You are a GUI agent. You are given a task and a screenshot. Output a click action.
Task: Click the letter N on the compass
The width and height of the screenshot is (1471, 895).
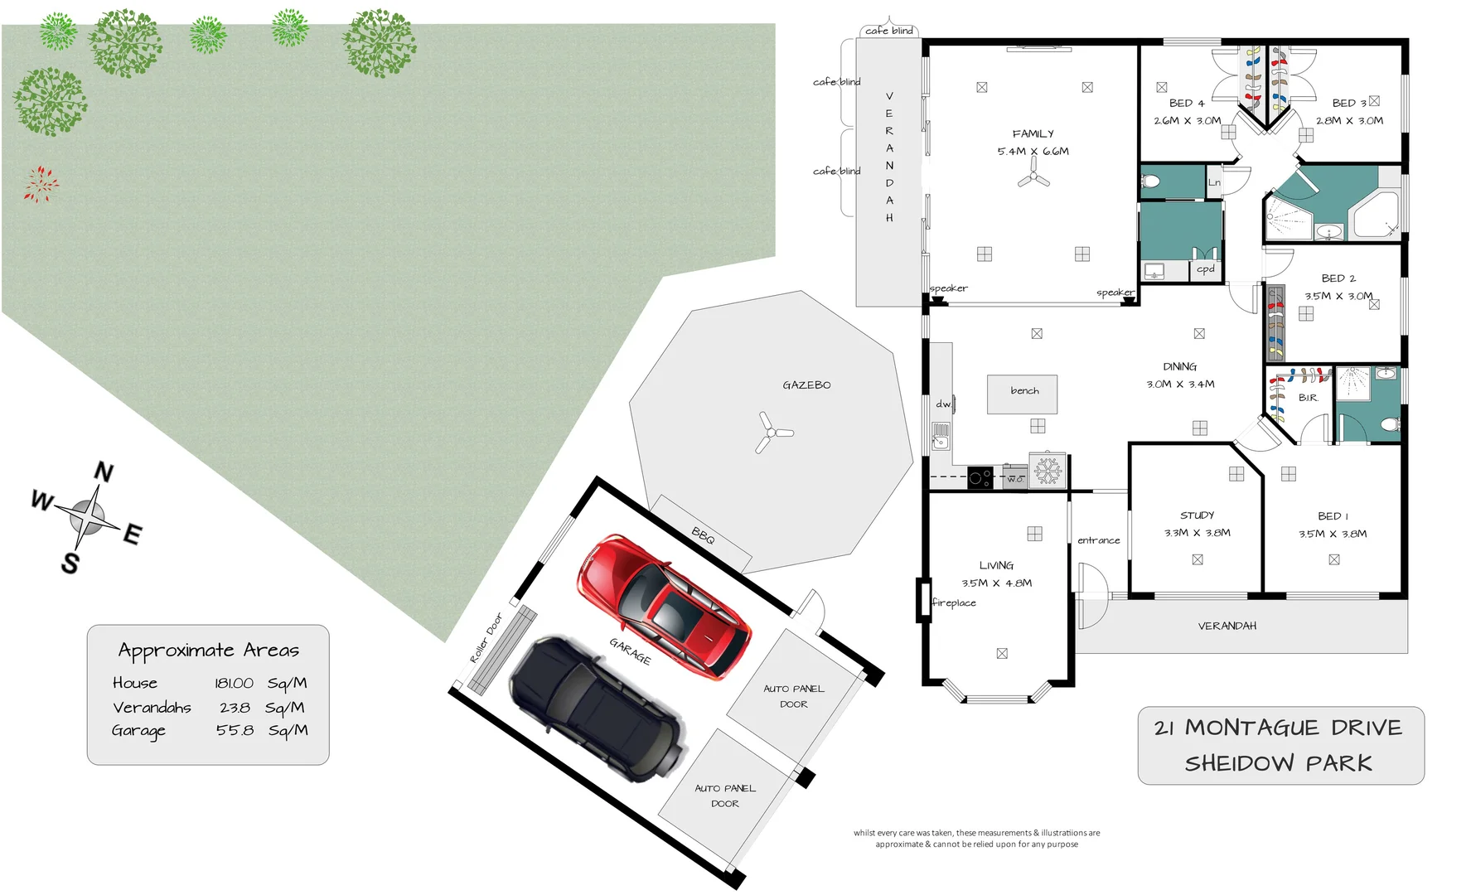104,472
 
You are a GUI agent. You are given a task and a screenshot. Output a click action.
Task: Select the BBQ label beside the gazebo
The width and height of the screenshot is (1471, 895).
703,536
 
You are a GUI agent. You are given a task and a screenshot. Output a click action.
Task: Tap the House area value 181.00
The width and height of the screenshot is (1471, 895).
234,684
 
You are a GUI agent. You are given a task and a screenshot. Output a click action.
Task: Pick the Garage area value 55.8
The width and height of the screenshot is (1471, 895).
235,731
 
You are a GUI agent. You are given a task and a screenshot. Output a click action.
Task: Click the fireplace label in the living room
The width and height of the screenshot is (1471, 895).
954,603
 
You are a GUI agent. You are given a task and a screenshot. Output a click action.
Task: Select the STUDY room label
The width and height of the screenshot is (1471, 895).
1197,515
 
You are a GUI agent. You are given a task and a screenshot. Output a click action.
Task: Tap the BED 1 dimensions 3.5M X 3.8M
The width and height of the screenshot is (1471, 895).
1332,534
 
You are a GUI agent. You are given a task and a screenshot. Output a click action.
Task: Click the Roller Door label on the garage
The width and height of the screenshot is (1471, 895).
486,637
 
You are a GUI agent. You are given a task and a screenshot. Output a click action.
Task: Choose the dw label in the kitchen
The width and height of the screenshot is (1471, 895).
943,404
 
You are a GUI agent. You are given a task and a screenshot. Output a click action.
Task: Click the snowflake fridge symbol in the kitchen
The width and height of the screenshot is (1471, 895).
1048,472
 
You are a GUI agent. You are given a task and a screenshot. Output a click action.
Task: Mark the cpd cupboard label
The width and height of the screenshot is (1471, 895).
1205,269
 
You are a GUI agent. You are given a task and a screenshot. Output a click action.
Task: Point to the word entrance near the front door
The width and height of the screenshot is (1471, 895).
1098,540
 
